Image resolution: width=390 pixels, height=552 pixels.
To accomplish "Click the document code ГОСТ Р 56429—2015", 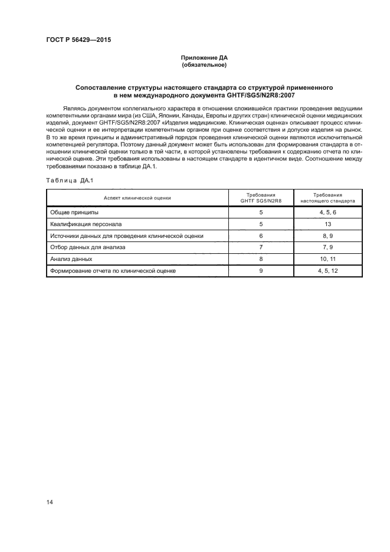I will [78, 40].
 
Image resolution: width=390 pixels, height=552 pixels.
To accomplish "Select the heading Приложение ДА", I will [204, 58].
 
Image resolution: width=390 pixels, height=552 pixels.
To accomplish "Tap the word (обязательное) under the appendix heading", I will [204, 65].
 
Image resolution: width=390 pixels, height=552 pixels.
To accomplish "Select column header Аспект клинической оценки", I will [137, 198].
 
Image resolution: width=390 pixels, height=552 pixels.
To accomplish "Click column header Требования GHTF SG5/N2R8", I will [260, 198].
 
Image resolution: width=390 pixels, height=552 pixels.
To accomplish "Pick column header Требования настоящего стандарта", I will [327, 198].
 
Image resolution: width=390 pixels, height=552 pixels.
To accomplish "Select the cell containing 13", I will [327, 224].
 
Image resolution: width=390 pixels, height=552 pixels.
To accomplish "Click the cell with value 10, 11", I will [327, 259].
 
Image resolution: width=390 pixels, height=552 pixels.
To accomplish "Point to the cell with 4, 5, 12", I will [327, 271].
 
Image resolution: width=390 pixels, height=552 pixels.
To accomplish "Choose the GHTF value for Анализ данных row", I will [260, 259].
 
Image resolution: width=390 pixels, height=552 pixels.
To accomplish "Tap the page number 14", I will [50, 502].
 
